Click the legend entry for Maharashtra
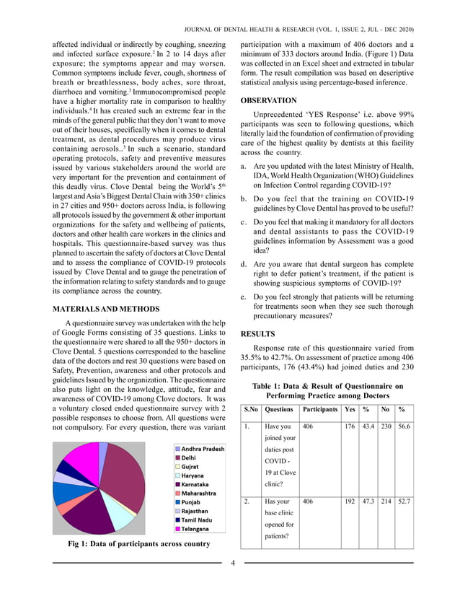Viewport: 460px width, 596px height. (x=199, y=493)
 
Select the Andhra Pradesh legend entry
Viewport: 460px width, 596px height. (x=202, y=449)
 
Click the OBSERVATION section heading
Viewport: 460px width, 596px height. (x=267, y=101)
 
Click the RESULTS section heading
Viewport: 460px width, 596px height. (x=257, y=335)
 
